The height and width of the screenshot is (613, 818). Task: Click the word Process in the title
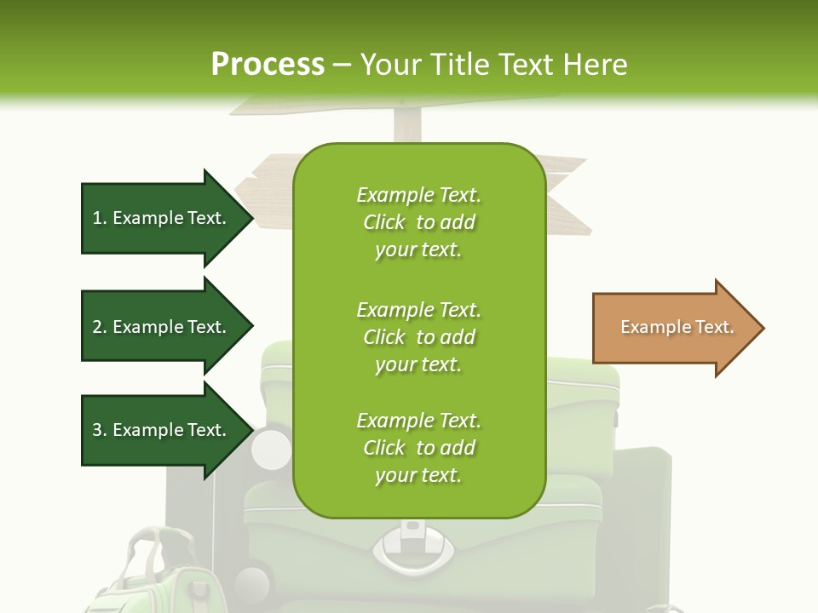268,64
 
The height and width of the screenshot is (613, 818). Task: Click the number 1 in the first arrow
97,219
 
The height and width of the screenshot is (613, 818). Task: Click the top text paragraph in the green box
418,222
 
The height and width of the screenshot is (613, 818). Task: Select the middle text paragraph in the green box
418,336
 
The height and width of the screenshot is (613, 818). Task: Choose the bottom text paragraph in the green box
418,448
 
